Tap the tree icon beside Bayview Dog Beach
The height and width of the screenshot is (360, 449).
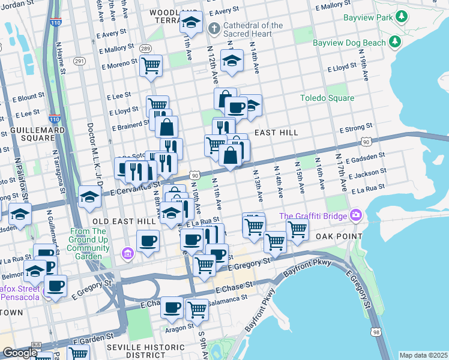coord(394,42)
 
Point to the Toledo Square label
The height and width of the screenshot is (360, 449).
coord(327,98)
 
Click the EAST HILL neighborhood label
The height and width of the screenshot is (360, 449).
coord(276,132)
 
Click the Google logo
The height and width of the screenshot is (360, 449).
coord(19,353)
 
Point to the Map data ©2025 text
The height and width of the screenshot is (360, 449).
coord(423,355)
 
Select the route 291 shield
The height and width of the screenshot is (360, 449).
coord(79,61)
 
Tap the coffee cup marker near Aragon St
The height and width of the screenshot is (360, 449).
coord(172,307)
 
